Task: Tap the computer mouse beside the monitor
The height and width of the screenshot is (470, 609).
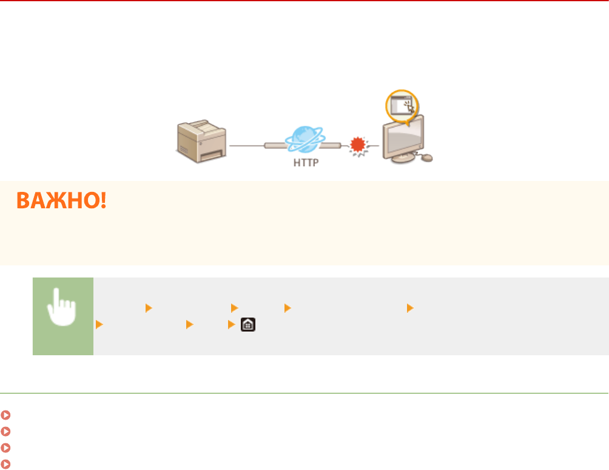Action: (426, 158)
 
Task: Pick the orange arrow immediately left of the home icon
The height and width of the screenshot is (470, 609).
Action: (230, 325)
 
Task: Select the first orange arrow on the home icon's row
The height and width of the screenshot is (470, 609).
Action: (98, 325)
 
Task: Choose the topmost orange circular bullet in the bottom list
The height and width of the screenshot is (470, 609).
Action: (5, 415)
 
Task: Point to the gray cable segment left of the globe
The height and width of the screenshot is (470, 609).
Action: (276, 146)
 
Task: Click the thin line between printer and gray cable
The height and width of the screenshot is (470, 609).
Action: (246, 146)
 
